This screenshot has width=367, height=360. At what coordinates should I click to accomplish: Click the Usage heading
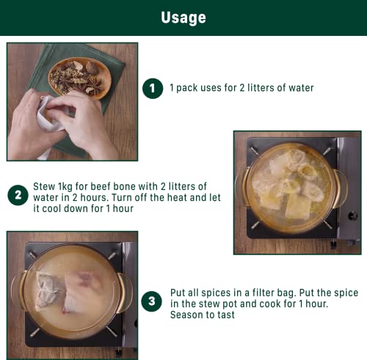[x=183, y=18]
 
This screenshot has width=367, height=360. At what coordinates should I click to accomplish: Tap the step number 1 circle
[x=153, y=88]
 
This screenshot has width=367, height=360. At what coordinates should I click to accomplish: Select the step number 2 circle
[x=18, y=195]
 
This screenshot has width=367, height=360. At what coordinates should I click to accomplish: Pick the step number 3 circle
[x=152, y=301]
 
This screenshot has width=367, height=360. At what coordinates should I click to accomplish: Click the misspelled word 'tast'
[x=226, y=315]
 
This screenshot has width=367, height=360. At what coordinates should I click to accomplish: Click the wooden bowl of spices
[x=80, y=78]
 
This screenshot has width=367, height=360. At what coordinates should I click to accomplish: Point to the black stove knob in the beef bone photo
[x=352, y=216]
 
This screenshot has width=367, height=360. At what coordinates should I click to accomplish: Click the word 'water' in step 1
[x=301, y=88]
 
